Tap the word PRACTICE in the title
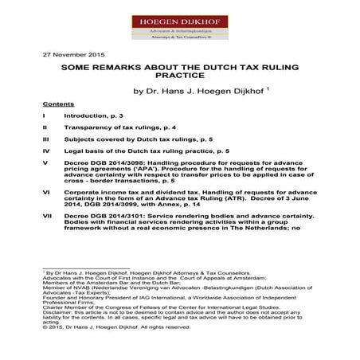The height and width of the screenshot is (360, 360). pyautogui.click(x=179, y=76)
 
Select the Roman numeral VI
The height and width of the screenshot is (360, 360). pyautogui.click(x=46, y=193)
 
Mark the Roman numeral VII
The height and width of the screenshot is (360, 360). pyautogui.click(x=47, y=216)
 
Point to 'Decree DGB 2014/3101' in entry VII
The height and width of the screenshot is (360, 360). pyautogui.click(x=106, y=216)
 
